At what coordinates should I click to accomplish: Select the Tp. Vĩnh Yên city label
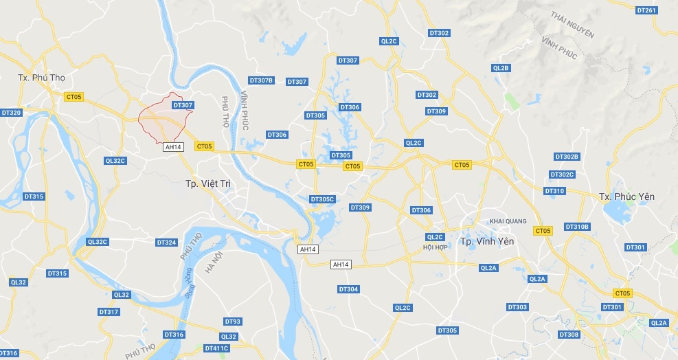[x=487, y=242]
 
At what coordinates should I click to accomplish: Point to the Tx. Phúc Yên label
[x=626, y=196]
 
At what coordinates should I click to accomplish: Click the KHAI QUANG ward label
[x=507, y=221]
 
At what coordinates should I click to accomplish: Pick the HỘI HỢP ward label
[x=436, y=247]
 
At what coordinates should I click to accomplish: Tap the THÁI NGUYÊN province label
[x=573, y=26]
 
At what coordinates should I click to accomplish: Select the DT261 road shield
[x=647, y=10]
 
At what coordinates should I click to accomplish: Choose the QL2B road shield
[x=501, y=68]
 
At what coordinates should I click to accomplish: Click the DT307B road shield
[x=261, y=80]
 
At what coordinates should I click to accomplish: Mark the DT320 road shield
[x=12, y=113]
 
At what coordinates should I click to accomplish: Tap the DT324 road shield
[x=166, y=243]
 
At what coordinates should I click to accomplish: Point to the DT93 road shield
[x=233, y=322]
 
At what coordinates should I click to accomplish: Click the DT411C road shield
[x=216, y=348]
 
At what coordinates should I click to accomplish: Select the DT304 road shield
[x=348, y=289]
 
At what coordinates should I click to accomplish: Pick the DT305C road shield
[x=321, y=199]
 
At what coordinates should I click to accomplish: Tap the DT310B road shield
[x=577, y=227]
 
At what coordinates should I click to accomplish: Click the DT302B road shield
[x=567, y=157]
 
